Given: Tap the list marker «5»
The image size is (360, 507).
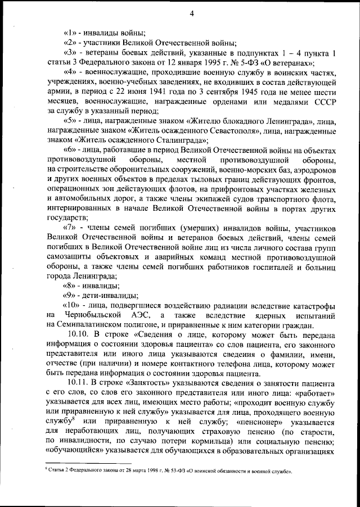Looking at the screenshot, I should [x=70, y=122].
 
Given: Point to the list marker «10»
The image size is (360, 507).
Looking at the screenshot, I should [x=73, y=304].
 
